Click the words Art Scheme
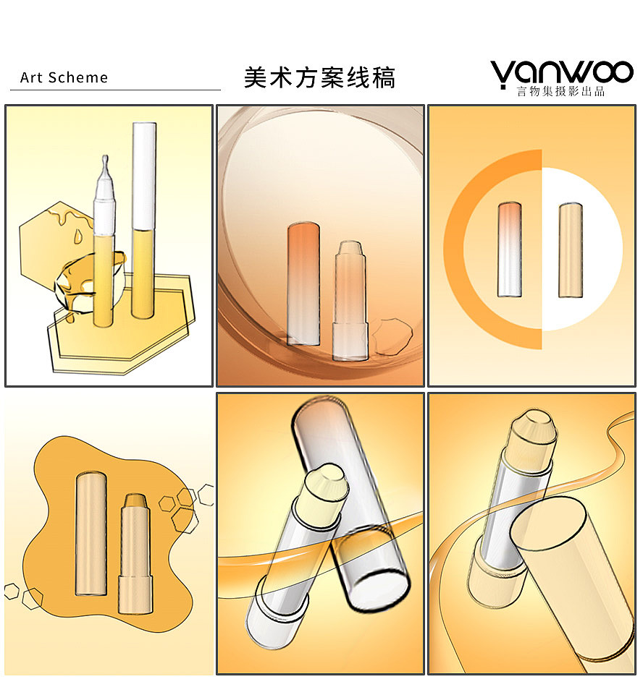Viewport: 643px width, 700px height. pyautogui.click(x=64, y=77)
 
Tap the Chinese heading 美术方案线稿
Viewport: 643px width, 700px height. pyautogui.click(x=319, y=77)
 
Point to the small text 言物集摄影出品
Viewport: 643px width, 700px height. pyautogui.click(x=560, y=92)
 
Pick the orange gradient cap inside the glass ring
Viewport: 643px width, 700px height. pyautogui.click(x=303, y=282)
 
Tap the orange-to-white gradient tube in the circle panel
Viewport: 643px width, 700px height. pyautogui.click(x=509, y=249)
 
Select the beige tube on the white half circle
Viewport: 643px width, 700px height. pyautogui.click(x=571, y=249)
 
